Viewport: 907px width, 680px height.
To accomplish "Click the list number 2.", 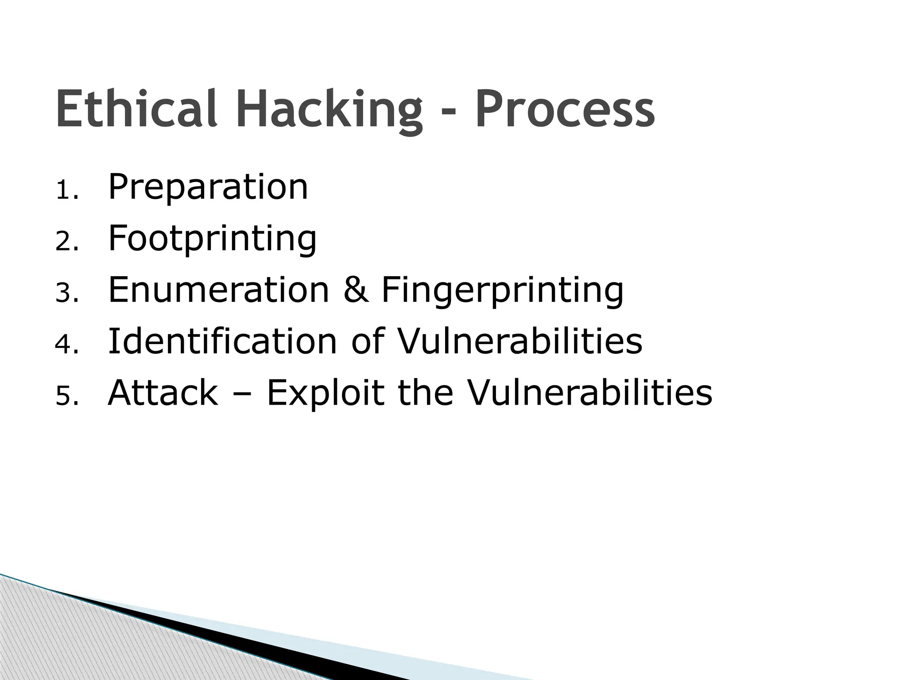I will point(66,243).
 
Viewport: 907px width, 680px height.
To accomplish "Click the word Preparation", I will point(208,188).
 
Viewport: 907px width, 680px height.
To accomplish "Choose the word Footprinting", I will point(212,239).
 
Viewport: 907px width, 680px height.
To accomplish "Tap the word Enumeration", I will point(218,290).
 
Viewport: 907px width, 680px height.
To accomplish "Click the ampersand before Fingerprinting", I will point(356,290).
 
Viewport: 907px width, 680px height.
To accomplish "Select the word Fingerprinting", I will point(502,291).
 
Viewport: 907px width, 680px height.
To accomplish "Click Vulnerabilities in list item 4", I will point(519,341).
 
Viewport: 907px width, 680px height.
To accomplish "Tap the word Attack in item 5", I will point(163,393).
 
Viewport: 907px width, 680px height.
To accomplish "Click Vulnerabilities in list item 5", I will point(590,393).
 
